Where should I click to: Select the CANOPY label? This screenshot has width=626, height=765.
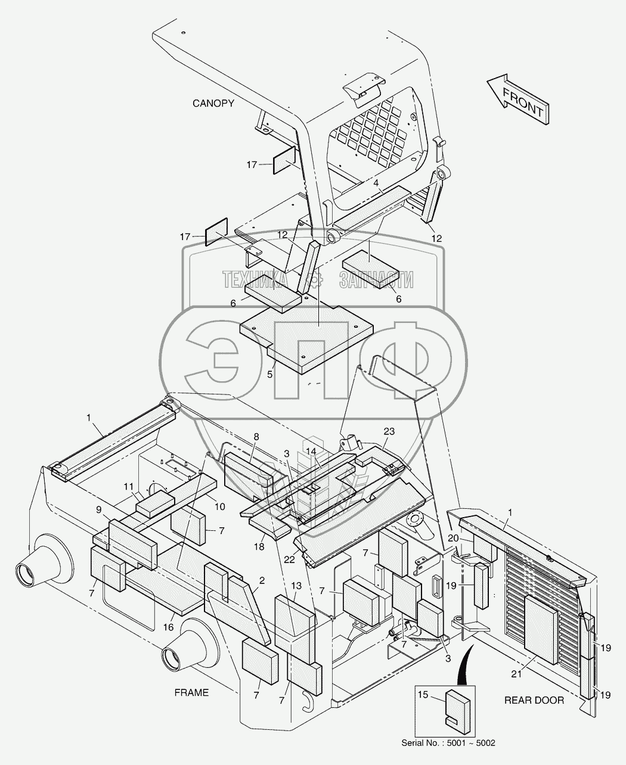tap(213, 104)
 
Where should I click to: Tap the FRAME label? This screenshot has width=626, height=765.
tap(191, 692)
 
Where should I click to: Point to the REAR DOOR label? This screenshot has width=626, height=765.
tap(534, 700)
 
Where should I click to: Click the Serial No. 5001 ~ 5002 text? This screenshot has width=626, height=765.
tap(448, 743)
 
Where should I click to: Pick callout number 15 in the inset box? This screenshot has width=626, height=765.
tap(423, 695)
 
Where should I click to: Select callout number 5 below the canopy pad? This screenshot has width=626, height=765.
tap(269, 375)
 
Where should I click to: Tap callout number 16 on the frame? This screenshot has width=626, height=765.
tap(169, 627)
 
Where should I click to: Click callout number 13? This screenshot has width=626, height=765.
tap(296, 586)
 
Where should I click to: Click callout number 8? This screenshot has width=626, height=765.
tap(256, 437)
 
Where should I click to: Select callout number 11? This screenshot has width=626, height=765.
tap(129, 487)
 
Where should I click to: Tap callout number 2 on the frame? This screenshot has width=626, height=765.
tap(262, 580)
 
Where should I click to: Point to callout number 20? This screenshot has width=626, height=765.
tap(454, 539)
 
